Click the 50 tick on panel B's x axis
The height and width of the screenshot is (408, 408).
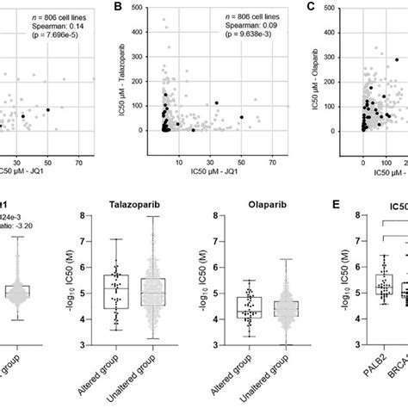click(241, 148)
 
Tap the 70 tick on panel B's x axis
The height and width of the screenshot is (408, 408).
click(273, 148)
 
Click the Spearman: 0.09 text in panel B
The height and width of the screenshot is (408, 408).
click(231, 27)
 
